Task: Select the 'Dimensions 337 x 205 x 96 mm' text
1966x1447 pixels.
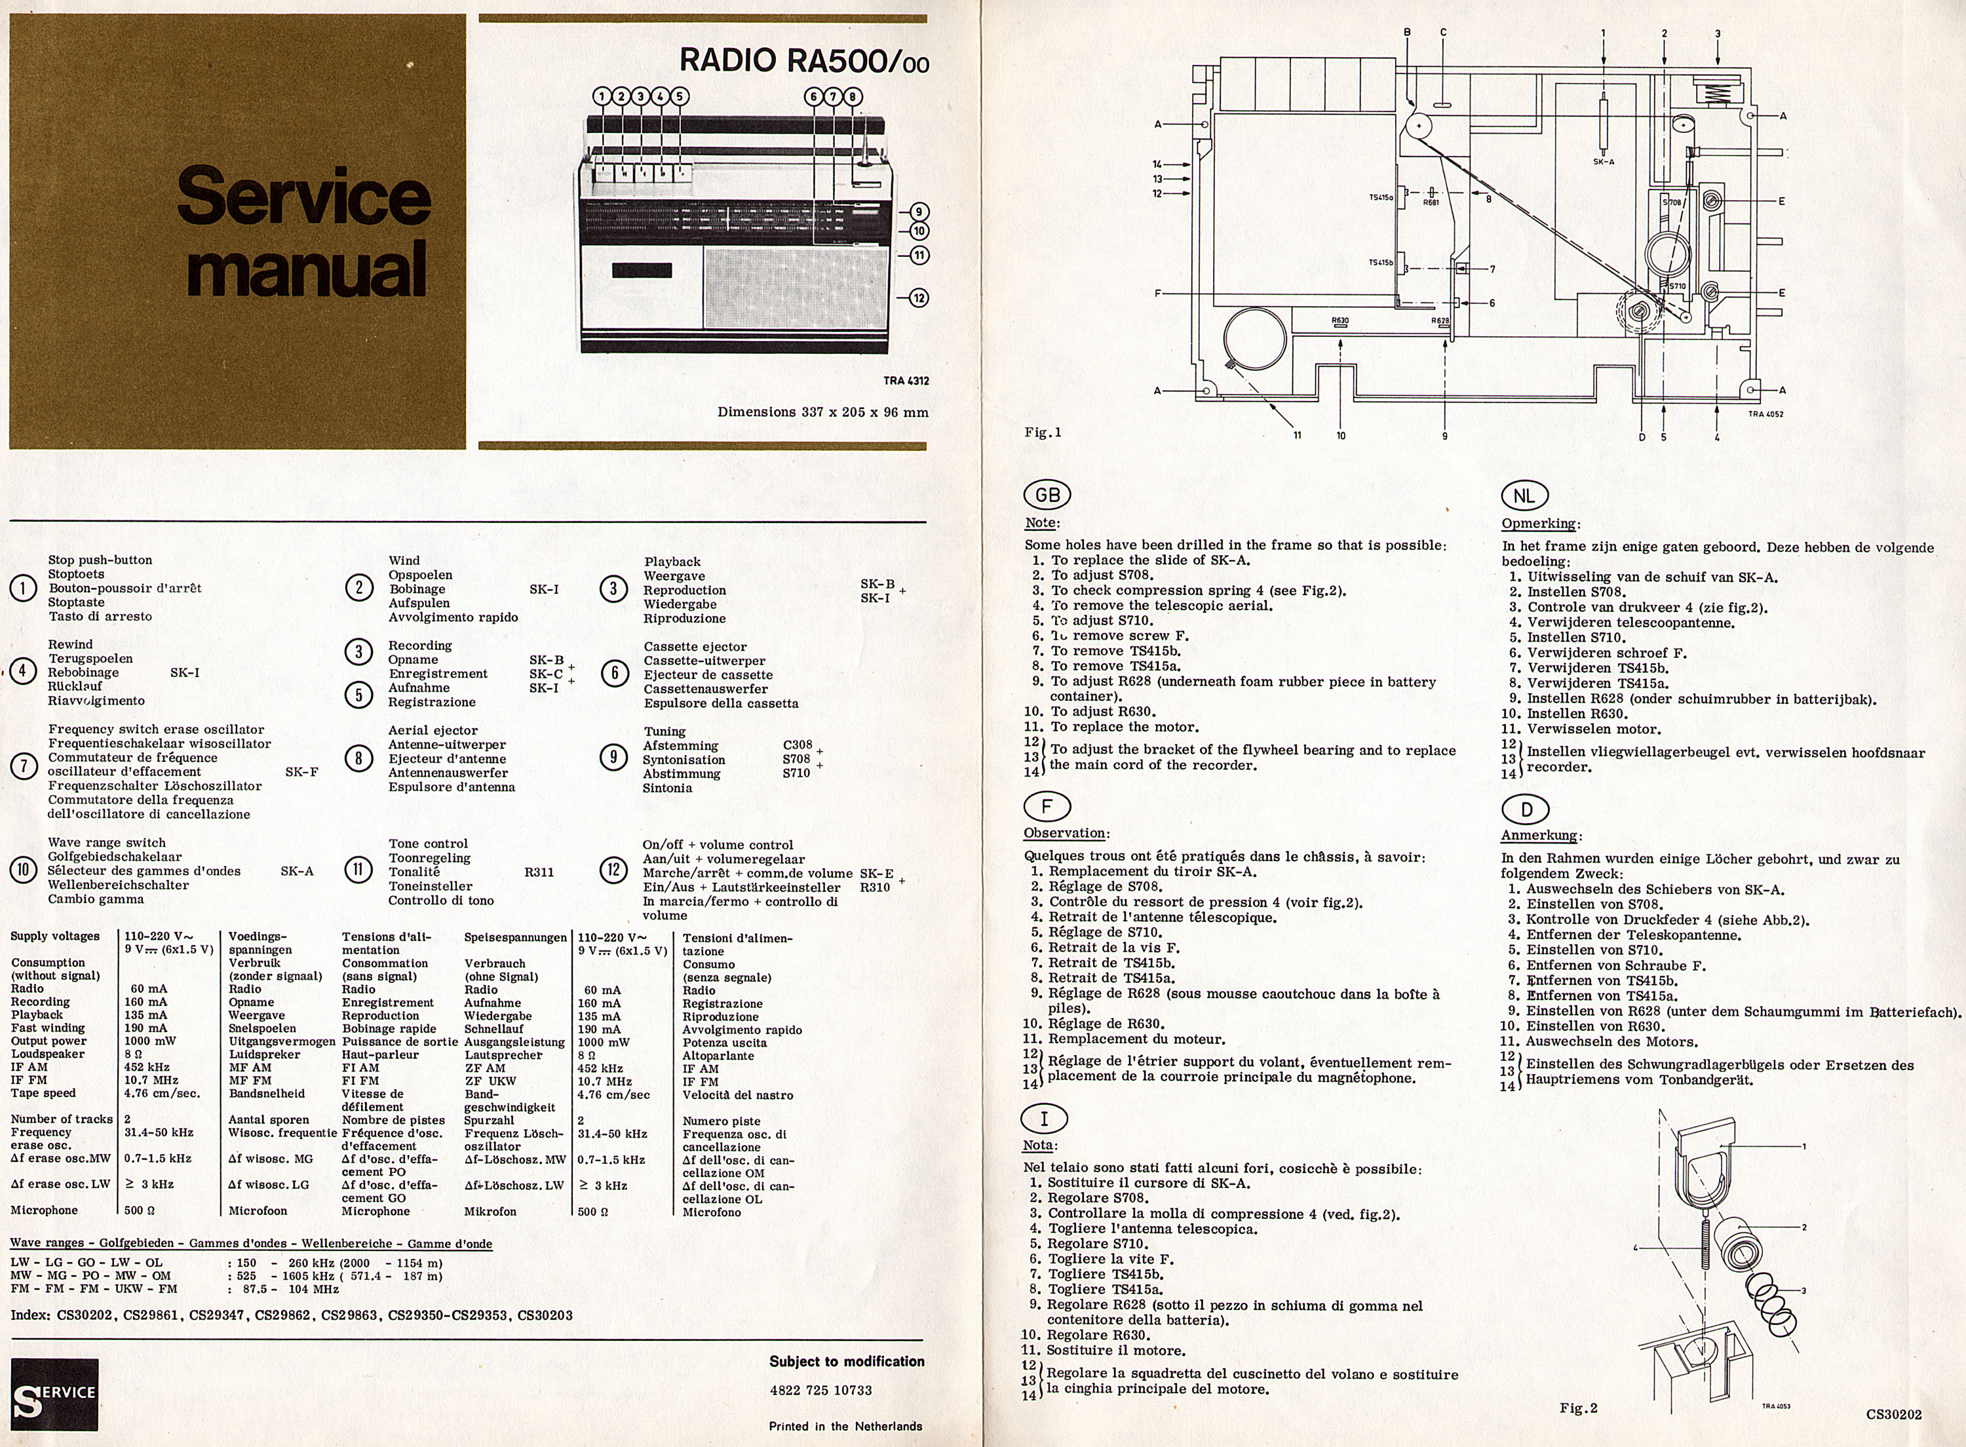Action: (x=822, y=412)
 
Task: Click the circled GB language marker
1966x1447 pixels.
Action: (x=1047, y=495)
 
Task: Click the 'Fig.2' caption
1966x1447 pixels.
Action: (x=1578, y=1408)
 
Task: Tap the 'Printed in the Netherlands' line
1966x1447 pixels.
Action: (x=845, y=1426)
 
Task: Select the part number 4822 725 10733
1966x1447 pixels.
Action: (x=820, y=1390)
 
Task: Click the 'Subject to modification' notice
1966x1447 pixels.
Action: (x=846, y=1361)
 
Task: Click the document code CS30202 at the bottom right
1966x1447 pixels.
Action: (x=1893, y=1414)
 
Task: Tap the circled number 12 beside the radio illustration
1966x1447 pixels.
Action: (x=919, y=298)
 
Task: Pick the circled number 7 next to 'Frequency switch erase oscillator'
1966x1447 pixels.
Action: (x=24, y=765)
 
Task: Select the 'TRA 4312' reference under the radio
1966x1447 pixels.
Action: (x=906, y=381)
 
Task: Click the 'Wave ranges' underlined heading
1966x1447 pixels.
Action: (x=250, y=1243)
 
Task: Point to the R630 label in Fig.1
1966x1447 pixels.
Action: (x=1340, y=320)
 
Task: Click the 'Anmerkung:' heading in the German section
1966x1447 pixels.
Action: (x=1541, y=835)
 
